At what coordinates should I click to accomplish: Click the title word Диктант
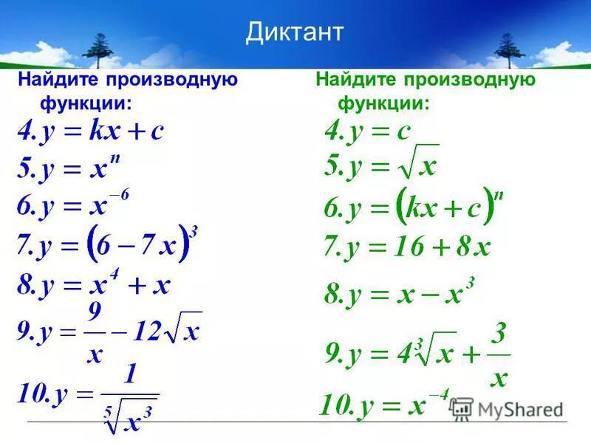pyautogui.click(x=295, y=32)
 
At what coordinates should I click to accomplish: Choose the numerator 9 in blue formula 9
pyautogui.click(x=95, y=313)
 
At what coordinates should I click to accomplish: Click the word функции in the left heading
pyautogui.click(x=81, y=103)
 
